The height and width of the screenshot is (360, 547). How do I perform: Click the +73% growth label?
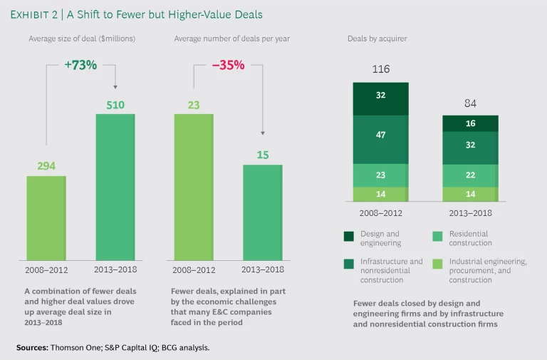point(80,65)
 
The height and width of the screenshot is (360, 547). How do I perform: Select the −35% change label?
point(228,65)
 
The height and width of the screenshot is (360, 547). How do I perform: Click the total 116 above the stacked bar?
point(381,70)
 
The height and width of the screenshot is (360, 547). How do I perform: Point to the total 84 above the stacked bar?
point(470,103)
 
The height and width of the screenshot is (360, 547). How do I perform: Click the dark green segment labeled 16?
point(470,123)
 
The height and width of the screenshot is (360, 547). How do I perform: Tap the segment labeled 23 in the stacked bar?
point(381,175)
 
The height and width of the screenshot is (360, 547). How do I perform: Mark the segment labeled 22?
point(470,175)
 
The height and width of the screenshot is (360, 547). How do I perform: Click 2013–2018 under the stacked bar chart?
point(470,212)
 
